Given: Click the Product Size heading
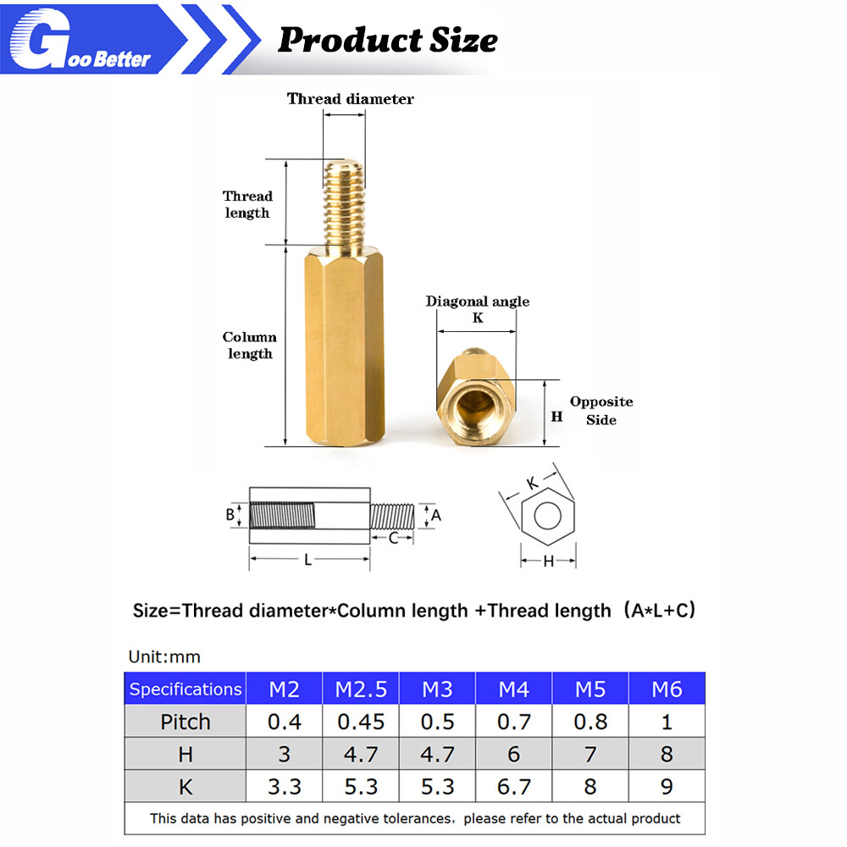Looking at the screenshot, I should point(387,39).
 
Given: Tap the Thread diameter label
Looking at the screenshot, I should point(350,99).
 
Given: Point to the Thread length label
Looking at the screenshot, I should point(247,204).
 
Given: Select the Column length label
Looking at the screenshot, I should point(249,345).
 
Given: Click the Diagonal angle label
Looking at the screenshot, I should point(477,302).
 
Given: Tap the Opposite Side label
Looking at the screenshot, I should point(601,411).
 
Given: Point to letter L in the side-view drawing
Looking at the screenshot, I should point(308,560).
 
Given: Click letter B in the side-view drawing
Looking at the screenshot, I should point(230,514).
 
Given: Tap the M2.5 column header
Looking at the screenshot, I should point(361,689).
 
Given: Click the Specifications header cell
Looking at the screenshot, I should point(185,689).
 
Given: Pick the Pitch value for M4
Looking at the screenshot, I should point(513,722).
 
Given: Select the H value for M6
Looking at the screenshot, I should point(666,754).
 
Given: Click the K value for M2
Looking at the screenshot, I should point(285,787).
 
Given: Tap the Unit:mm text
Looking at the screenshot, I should point(164,656).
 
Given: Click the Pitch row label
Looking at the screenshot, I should point(185,722).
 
